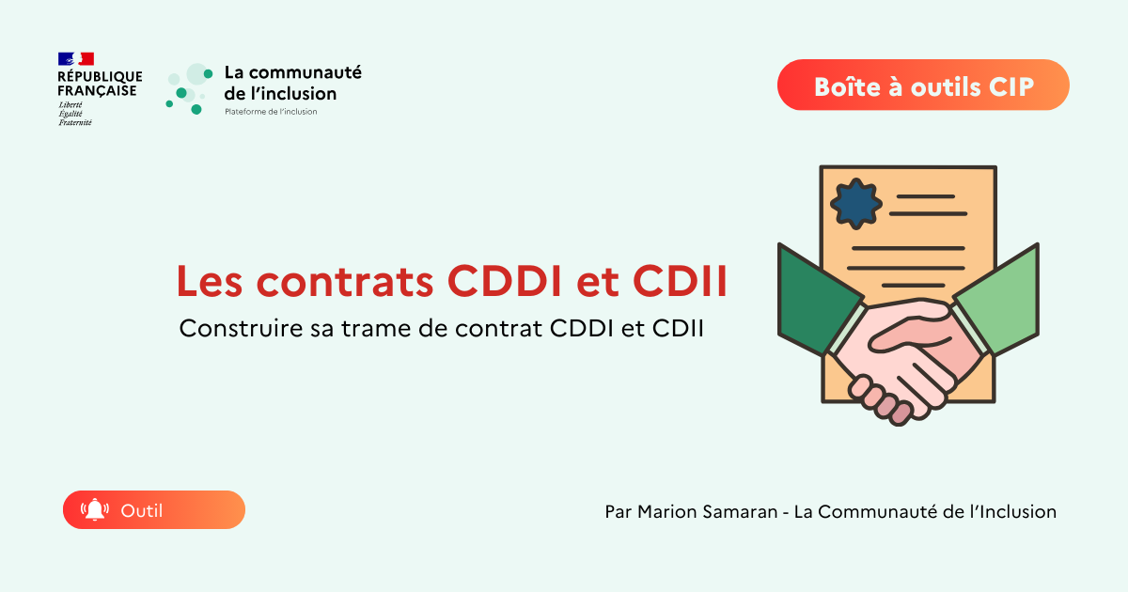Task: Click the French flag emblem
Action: click(76, 59)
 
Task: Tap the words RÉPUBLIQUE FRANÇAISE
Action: click(99, 84)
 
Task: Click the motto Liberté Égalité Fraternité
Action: click(70, 113)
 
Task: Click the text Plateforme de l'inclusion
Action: click(271, 112)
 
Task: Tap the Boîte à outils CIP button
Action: click(923, 86)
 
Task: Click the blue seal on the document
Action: click(857, 203)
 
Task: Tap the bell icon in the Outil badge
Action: click(95, 510)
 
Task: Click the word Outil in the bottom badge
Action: click(142, 510)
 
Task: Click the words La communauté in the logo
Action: click(292, 72)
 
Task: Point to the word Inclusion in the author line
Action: click(1018, 512)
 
